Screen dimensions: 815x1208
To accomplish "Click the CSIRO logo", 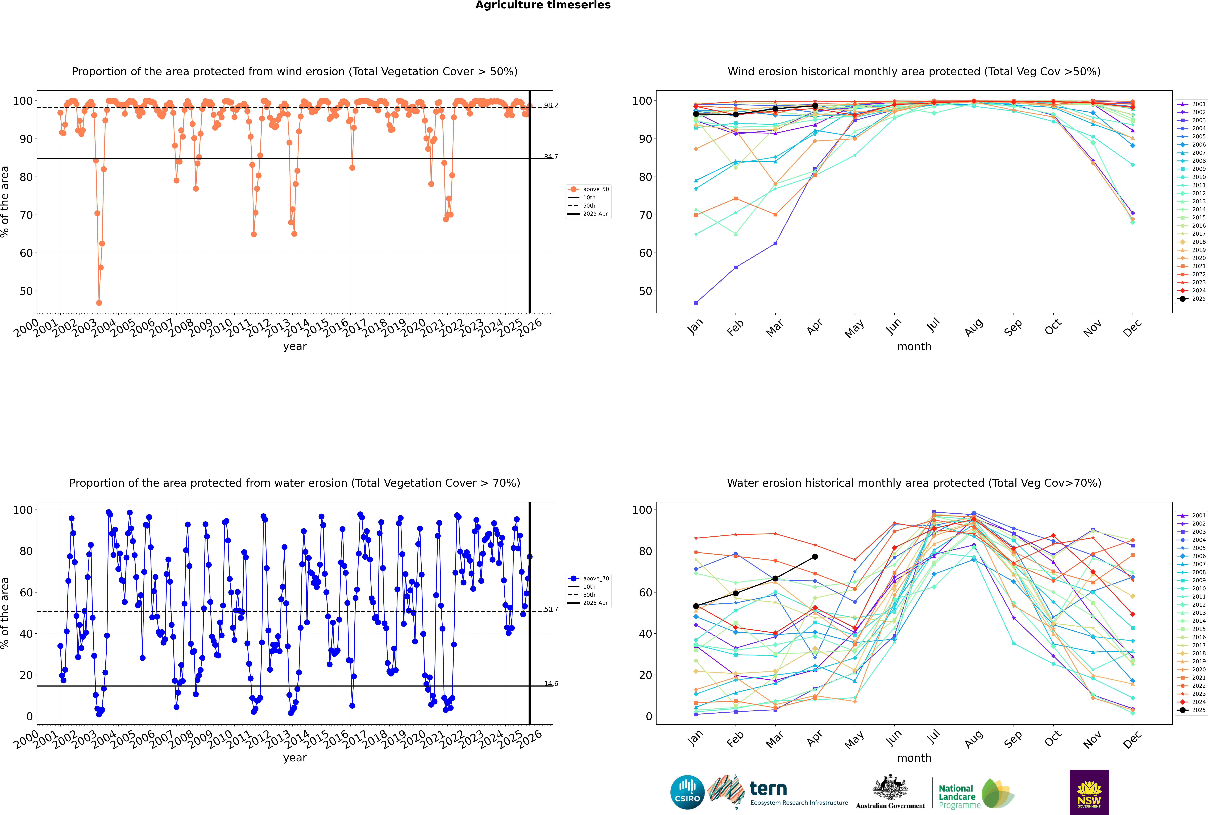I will pyautogui.click(x=687, y=792).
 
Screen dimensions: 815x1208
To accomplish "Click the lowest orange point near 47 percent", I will pyautogui.click(x=99, y=303).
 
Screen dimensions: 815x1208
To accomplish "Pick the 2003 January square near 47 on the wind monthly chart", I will pyautogui.click(x=696, y=303).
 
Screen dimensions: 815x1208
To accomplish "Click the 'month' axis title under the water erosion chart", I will pyautogui.click(x=914, y=758).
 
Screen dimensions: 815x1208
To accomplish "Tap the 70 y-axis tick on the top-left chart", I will pyautogui.click(x=26, y=215).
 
